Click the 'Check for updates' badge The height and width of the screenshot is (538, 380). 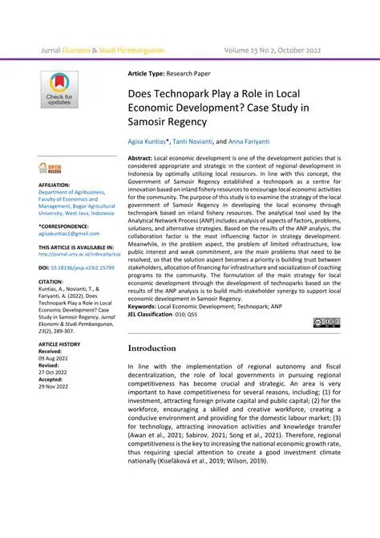point(59,91)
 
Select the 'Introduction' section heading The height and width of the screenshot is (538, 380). point(164,348)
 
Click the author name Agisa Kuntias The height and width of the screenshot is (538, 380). point(148,141)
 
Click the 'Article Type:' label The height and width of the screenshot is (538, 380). point(149,74)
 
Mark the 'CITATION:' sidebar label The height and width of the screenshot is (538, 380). point(53,282)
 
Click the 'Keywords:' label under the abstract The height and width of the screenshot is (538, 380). point(146,307)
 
